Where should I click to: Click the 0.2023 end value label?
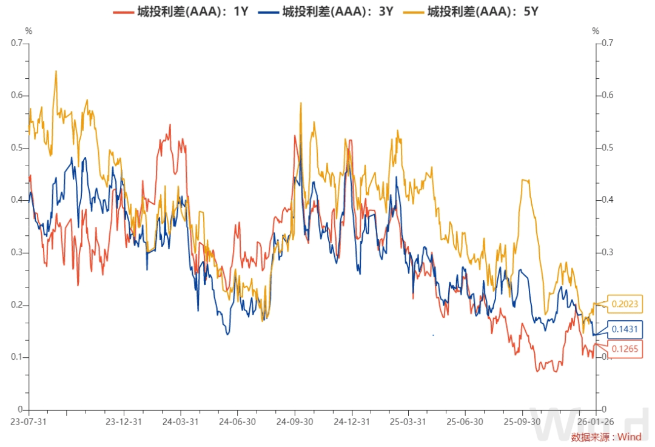point(624,304)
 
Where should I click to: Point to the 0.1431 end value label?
point(624,329)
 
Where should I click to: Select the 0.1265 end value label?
point(624,349)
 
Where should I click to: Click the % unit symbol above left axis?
point(28,30)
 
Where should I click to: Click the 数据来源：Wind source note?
point(606,437)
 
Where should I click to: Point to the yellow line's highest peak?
point(56,71)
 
